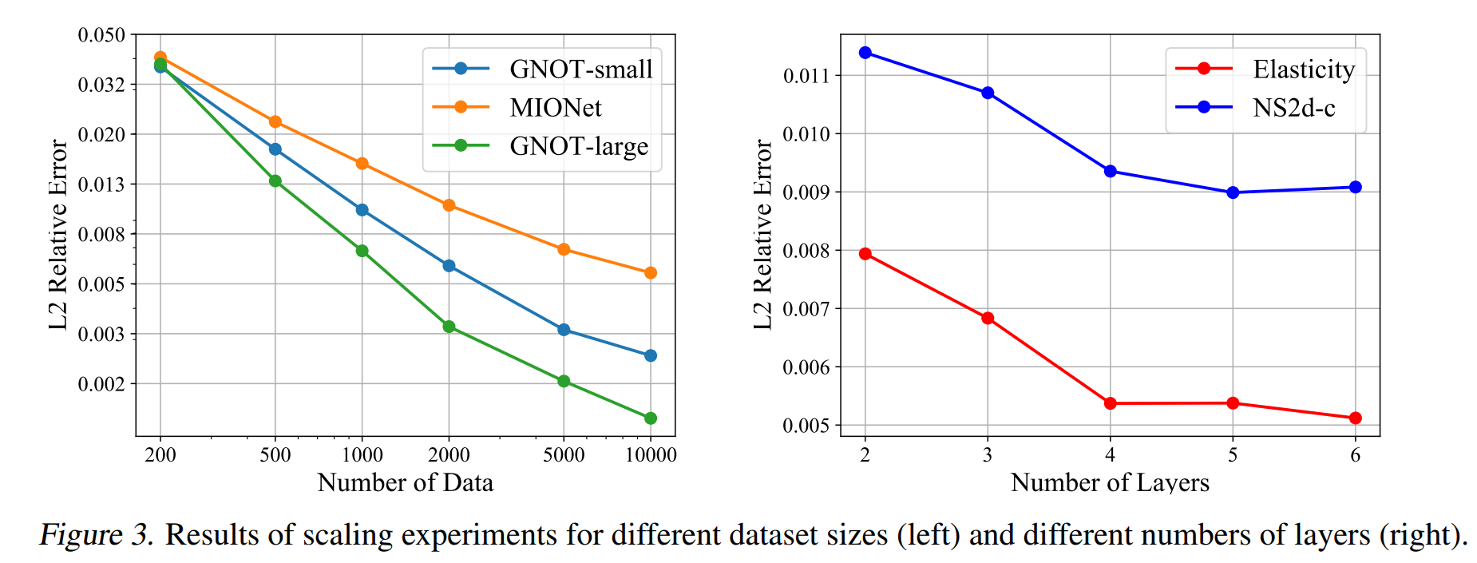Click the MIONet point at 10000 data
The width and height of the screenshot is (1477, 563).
tap(651, 273)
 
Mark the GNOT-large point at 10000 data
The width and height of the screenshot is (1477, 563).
tap(651, 418)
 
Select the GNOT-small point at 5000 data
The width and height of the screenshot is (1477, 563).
tap(564, 330)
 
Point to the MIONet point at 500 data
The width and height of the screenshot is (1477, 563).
tap(275, 122)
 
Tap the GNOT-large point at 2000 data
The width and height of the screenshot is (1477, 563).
tap(449, 327)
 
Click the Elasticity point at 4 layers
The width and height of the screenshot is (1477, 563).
tap(1111, 403)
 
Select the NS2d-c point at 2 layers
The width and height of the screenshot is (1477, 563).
tap(865, 53)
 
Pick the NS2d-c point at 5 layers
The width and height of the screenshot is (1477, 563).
tap(1233, 192)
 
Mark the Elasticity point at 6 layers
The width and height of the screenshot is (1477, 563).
tap(1356, 418)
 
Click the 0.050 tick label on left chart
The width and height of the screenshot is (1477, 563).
tap(101, 35)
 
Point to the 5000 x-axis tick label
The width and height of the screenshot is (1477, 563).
tap(564, 455)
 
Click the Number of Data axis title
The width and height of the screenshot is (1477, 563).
tap(406, 483)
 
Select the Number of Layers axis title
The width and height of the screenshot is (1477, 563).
tap(1110, 483)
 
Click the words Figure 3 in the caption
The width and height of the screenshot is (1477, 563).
tap(96, 535)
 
